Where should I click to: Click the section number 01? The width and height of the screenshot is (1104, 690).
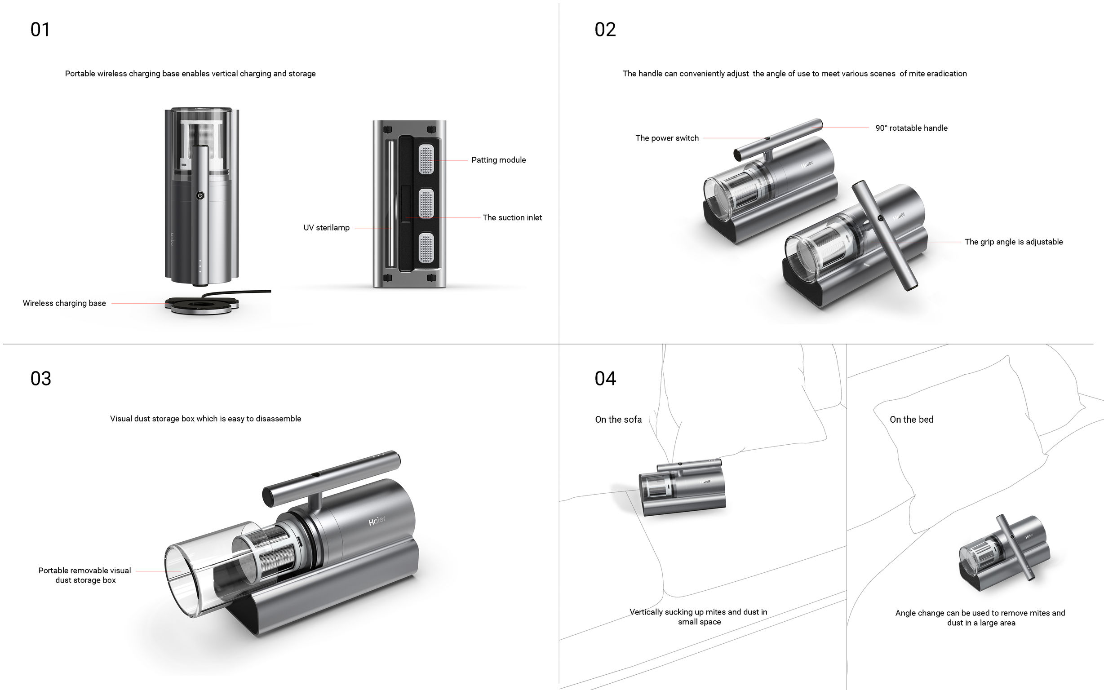[40, 30]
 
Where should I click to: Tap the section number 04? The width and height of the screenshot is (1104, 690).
[605, 379]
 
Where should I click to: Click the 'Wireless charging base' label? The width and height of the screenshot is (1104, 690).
[64, 303]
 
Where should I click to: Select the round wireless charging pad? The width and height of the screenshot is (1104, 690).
[202, 305]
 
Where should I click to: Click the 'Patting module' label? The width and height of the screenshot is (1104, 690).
[498, 160]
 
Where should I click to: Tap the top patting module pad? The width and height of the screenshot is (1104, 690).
[426, 159]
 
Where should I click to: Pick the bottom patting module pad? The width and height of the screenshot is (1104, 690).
[426, 248]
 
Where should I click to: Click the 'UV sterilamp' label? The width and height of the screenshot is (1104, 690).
[326, 228]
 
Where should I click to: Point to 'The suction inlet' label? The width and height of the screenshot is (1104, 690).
[512, 218]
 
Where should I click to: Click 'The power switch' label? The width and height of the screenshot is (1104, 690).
[667, 138]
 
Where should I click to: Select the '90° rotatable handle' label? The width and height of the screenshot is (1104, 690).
[911, 128]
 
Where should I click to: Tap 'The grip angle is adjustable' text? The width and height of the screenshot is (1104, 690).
[1013, 242]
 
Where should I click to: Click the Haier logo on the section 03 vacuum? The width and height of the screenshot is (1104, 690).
[377, 521]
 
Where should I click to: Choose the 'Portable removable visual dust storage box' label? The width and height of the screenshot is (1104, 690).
[85, 575]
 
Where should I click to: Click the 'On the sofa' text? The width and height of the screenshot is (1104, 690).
[618, 420]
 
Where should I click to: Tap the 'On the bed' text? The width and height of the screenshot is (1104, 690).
[911, 420]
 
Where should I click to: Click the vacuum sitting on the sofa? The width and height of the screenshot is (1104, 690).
[682, 488]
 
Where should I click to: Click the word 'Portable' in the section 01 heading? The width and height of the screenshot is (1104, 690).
[80, 74]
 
